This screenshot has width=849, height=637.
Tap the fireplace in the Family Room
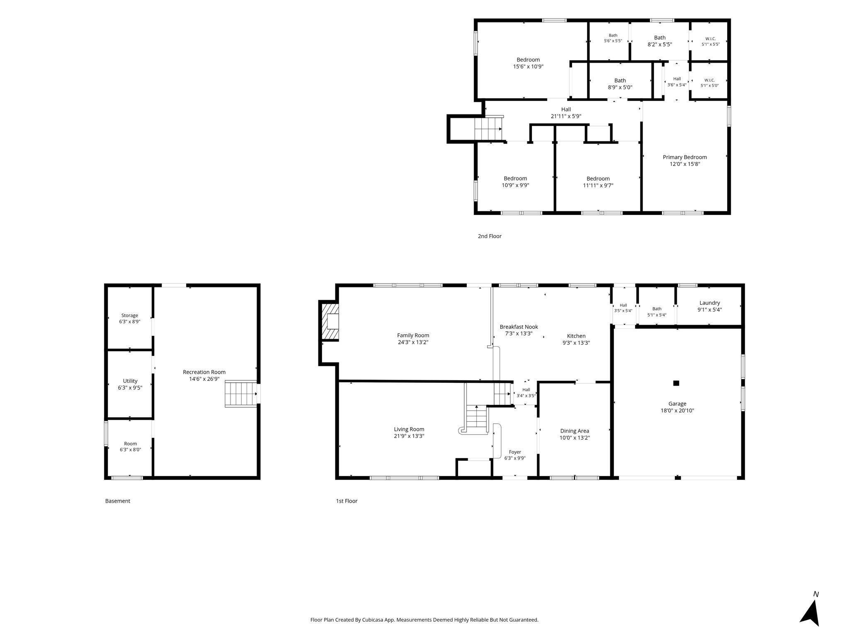pos(330,322)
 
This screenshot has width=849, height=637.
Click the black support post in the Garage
pos(676,383)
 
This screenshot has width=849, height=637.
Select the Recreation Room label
pos(204,372)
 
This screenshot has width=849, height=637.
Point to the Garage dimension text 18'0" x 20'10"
pos(677,411)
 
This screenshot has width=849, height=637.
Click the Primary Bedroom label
pos(685,157)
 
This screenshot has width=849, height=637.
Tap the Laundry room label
pos(710,303)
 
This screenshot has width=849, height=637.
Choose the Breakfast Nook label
pos(519,327)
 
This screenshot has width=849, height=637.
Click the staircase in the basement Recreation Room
pos(241,394)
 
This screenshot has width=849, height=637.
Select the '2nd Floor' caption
pos(490,236)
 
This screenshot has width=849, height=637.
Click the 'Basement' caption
pos(118,501)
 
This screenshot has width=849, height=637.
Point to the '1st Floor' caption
pos(347,501)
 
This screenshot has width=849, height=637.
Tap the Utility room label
pos(130,381)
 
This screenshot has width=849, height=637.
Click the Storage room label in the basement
pos(130,316)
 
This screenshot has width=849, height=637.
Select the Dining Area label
pos(575,431)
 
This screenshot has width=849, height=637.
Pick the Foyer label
pos(515,452)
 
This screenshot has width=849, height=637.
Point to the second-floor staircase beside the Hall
pos(488,129)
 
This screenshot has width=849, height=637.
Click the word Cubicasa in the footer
pos(372,620)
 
